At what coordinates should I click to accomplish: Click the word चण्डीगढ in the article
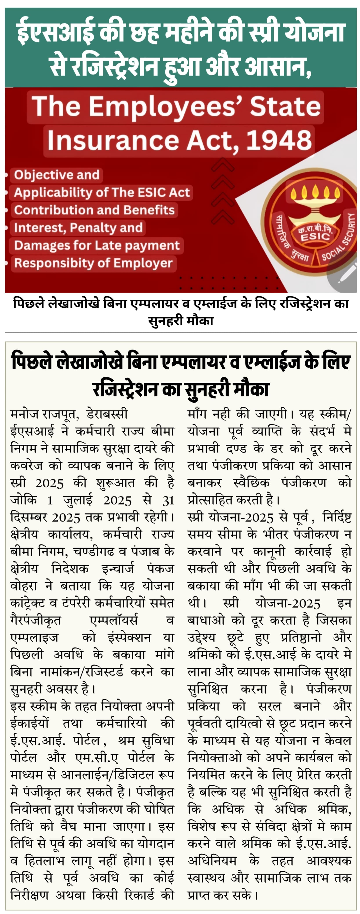coord(94,552)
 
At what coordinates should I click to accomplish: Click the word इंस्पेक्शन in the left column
coord(129,638)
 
